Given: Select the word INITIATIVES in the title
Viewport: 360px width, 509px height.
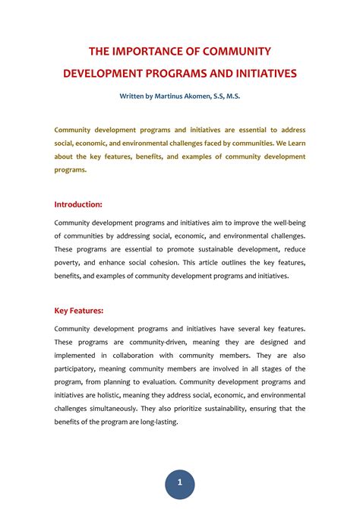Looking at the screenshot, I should [257, 74].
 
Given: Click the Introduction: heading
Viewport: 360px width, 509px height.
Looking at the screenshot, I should [78, 204].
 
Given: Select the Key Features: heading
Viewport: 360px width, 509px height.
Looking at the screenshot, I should [79, 310].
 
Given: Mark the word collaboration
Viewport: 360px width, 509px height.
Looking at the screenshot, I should [135, 355].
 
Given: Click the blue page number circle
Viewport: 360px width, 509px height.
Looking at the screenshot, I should [180, 482].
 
